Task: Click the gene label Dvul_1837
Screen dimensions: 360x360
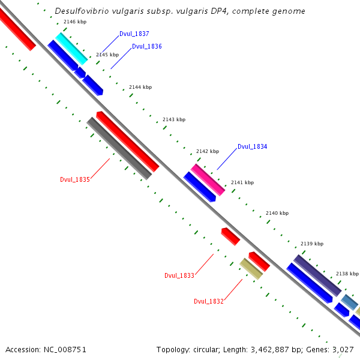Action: (x=134, y=34)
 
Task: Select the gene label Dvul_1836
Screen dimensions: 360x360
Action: (x=146, y=46)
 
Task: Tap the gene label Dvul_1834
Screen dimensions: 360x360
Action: (x=252, y=146)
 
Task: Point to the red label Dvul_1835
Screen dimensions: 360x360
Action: (x=75, y=179)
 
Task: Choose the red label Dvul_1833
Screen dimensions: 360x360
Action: (x=179, y=275)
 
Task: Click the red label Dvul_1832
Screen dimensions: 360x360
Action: (x=209, y=301)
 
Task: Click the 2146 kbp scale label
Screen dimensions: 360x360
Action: (x=74, y=22)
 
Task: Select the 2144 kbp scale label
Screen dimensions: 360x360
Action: (x=140, y=88)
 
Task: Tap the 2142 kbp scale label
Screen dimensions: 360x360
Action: (x=208, y=151)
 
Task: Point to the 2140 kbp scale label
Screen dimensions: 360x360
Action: (x=277, y=213)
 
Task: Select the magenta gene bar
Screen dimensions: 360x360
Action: (x=208, y=179)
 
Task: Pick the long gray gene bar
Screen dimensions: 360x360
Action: (x=119, y=148)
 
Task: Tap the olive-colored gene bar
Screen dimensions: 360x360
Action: (x=251, y=269)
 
